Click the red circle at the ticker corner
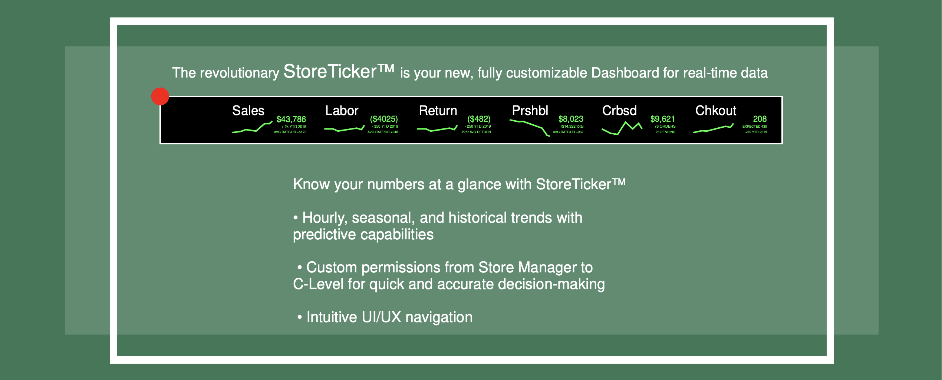tap(160, 96)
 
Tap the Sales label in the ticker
tap(248, 111)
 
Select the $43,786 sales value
tap(291, 119)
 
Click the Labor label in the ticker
tap(342, 111)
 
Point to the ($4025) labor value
tap(384, 119)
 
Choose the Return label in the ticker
tap(438, 111)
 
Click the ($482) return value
tap(479, 119)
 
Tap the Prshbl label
tap(530, 111)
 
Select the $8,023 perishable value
tap(571, 119)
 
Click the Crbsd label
tap(619, 111)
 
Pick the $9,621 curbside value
tap(662, 119)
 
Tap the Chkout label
tap(716, 111)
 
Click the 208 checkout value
tap(760, 119)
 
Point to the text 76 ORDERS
tap(665, 126)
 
